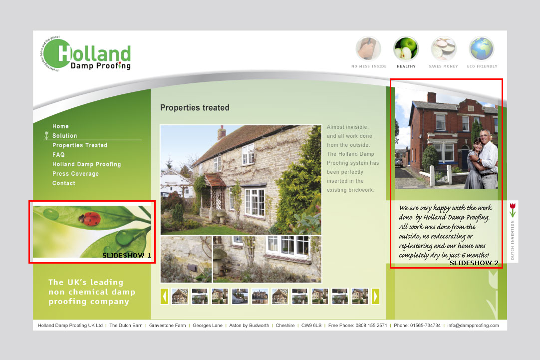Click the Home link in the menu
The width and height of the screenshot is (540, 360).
60,126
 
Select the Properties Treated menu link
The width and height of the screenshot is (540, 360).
80,145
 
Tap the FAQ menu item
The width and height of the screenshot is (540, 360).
58,155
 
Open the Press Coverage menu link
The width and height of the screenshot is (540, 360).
75,174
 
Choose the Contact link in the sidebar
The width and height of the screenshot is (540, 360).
64,183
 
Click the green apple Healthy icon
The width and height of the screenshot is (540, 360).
406,49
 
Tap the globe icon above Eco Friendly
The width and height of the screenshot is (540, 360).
482,49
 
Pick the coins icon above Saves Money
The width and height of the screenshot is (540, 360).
444,49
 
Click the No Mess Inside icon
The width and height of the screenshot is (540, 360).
368,49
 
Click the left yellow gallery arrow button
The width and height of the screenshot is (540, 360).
164,296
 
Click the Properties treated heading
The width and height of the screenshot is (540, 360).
195,108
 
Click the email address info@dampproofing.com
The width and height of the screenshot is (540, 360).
473,326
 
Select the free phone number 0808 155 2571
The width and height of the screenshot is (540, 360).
371,326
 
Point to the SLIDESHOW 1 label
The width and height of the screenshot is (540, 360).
126,255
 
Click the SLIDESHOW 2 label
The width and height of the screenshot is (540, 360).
474,263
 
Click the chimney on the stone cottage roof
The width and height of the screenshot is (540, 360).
222,133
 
